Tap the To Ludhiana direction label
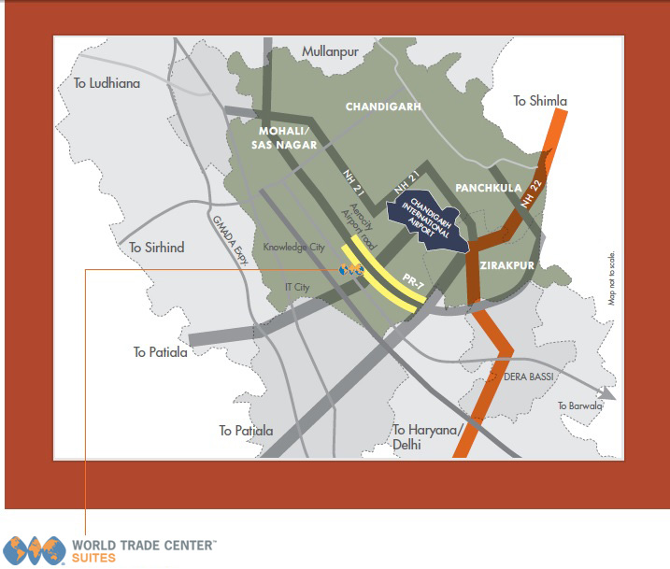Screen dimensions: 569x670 pyautogui.click(x=107, y=83)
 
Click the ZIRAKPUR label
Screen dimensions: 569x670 pyautogui.click(x=506, y=265)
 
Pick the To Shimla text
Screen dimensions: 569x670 pyautogui.click(x=540, y=101)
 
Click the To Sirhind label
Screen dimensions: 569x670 pyautogui.click(x=157, y=248)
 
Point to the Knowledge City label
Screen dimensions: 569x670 pyautogui.click(x=293, y=248)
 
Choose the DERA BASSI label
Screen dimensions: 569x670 pyautogui.click(x=530, y=376)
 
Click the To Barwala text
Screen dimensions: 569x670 pyautogui.click(x=579, y=405)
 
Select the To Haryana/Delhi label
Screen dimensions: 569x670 pyautogui.click(x=428, y=437)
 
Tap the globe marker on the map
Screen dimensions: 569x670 pyautogui.click(x=350, y=270)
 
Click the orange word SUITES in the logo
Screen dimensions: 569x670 pyautogui.click(x=93, y=558)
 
